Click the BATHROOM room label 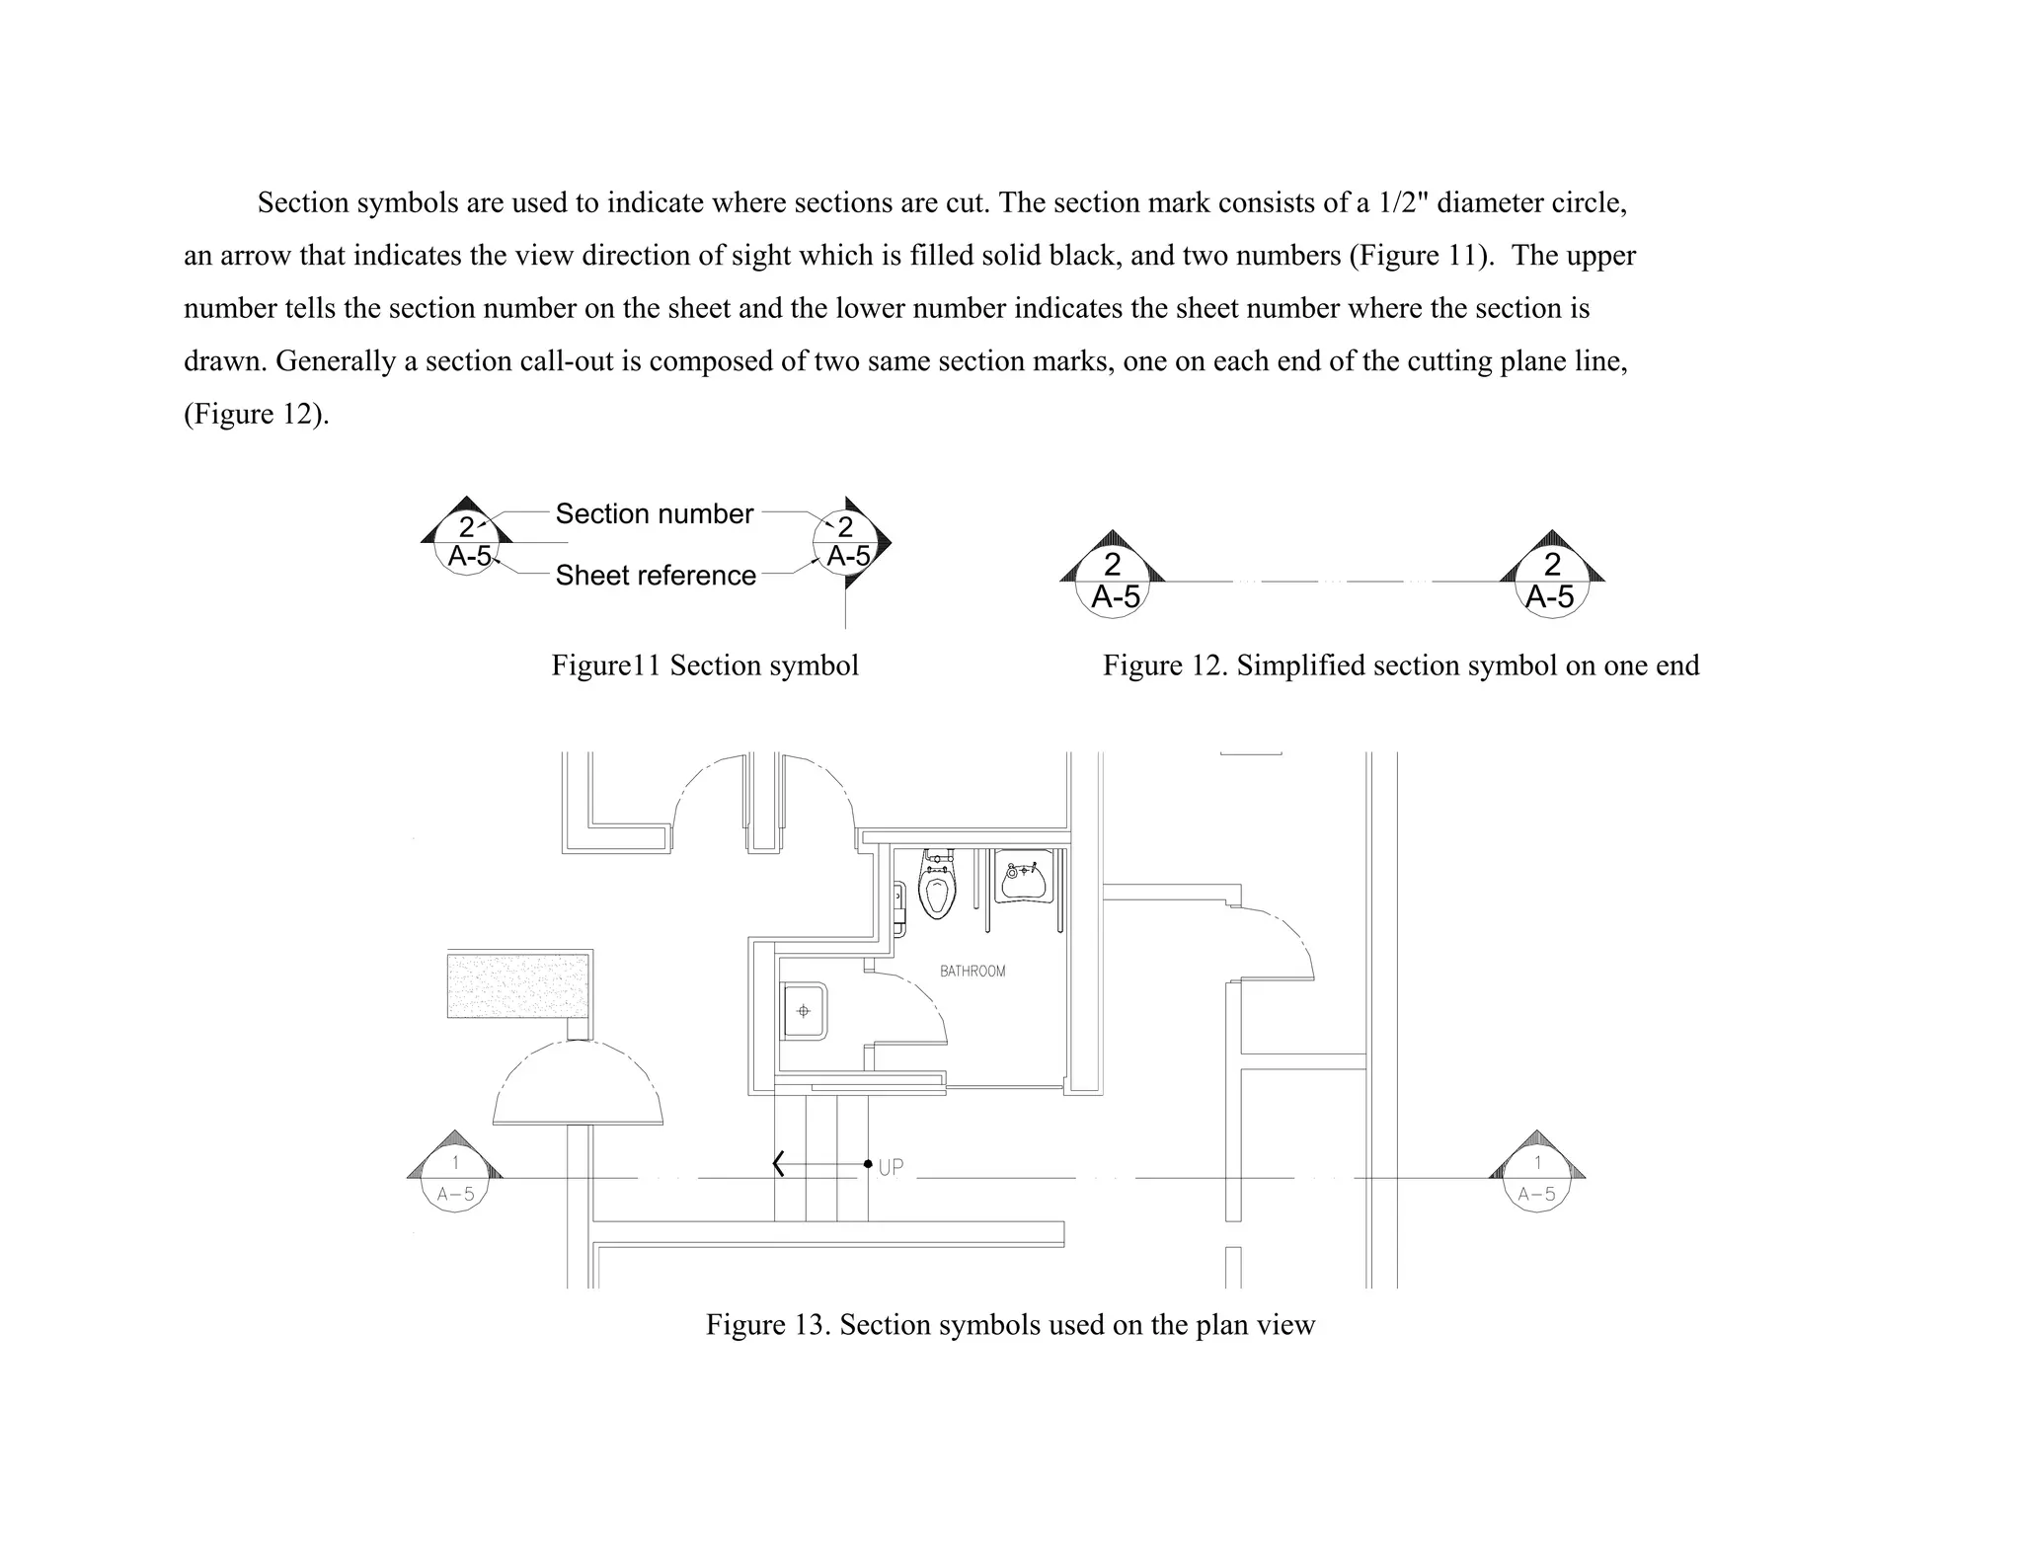tap(972, 972)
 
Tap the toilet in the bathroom tap(936, 885)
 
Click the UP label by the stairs tap(891, 1167)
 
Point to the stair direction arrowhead tap(779, 1164)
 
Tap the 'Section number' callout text tap(654, 513)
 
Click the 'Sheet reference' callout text tap(656, 575)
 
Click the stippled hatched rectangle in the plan tap(518, 984)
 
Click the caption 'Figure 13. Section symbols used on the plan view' tap(1010, 1324)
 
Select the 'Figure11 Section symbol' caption tap(705, 665)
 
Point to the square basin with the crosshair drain tap(804, 1011)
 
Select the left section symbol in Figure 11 tap(468, 541)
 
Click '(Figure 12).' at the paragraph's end tap(257, 414)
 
